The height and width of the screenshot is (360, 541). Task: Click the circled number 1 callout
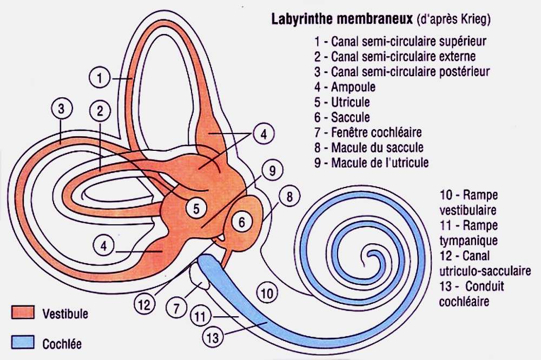[x=100, y=78]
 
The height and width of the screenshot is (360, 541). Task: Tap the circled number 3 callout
[x=62, y=109]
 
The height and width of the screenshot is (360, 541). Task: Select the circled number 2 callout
[x=100, y=111]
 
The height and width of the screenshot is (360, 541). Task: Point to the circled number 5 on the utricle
[x=196, y=208]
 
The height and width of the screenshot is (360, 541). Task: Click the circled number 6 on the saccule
[x=241, y=222]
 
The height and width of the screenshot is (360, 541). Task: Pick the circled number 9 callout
[x=272, y=170]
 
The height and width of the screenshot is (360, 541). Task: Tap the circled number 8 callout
[x=289, y=197]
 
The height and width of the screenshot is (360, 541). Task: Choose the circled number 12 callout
[x=144, y=305]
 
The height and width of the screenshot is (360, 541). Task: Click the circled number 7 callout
[x=177, y=308]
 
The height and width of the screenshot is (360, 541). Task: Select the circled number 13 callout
[x=213, y=337]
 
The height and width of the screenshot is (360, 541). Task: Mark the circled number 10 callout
[x=267, y=293]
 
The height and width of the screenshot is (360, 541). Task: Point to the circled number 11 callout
[x=201, y=316]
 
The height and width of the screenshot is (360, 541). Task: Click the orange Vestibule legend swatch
[x=23, y=312]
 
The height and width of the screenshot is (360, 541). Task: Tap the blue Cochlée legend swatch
[x=23, y=342]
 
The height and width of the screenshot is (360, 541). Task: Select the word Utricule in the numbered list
[x=351, y=102]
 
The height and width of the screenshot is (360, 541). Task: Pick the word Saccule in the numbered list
[x=351, y=117]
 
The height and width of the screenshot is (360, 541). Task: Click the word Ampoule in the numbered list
[x=353, y=87]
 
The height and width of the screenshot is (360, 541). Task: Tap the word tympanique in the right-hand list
[x=469, y=241]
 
